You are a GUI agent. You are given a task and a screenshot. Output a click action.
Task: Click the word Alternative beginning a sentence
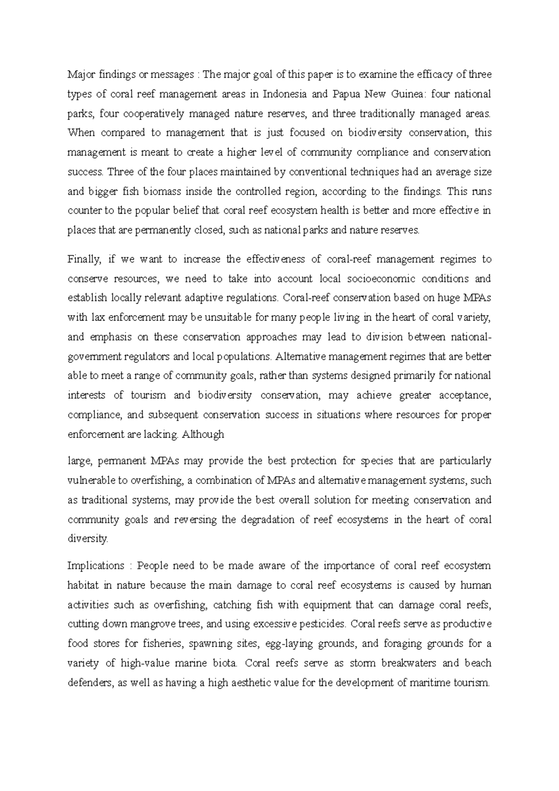tap(301, 357)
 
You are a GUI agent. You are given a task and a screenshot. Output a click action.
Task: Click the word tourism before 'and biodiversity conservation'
tap(148, 395)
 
